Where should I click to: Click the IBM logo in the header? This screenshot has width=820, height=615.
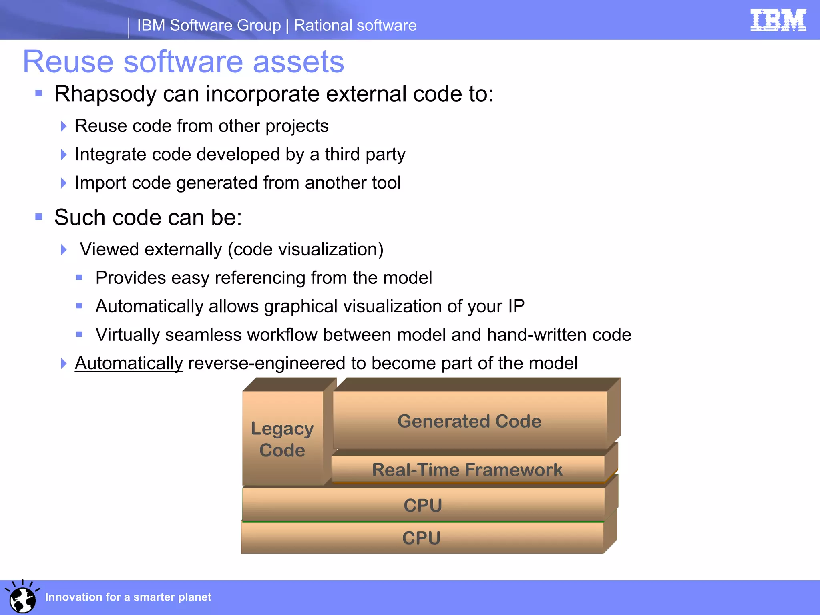(778, 20)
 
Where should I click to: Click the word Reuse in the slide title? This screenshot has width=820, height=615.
(68, 62)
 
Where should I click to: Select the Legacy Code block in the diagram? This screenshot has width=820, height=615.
(282, 439)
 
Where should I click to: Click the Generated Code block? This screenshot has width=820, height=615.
(469, 421)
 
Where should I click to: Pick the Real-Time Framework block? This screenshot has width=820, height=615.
(467, 470)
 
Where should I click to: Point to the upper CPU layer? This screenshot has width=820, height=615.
(423, 505)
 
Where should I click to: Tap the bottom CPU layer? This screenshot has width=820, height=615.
(421, 538)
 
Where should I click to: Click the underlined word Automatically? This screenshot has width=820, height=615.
(129, 364)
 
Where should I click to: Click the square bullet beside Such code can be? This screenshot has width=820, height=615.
(39, 217)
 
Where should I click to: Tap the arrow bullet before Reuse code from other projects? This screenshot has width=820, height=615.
(64, 126)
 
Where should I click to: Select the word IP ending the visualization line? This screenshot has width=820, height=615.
(516, 306)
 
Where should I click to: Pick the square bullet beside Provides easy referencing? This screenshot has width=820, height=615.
(79, 277)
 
